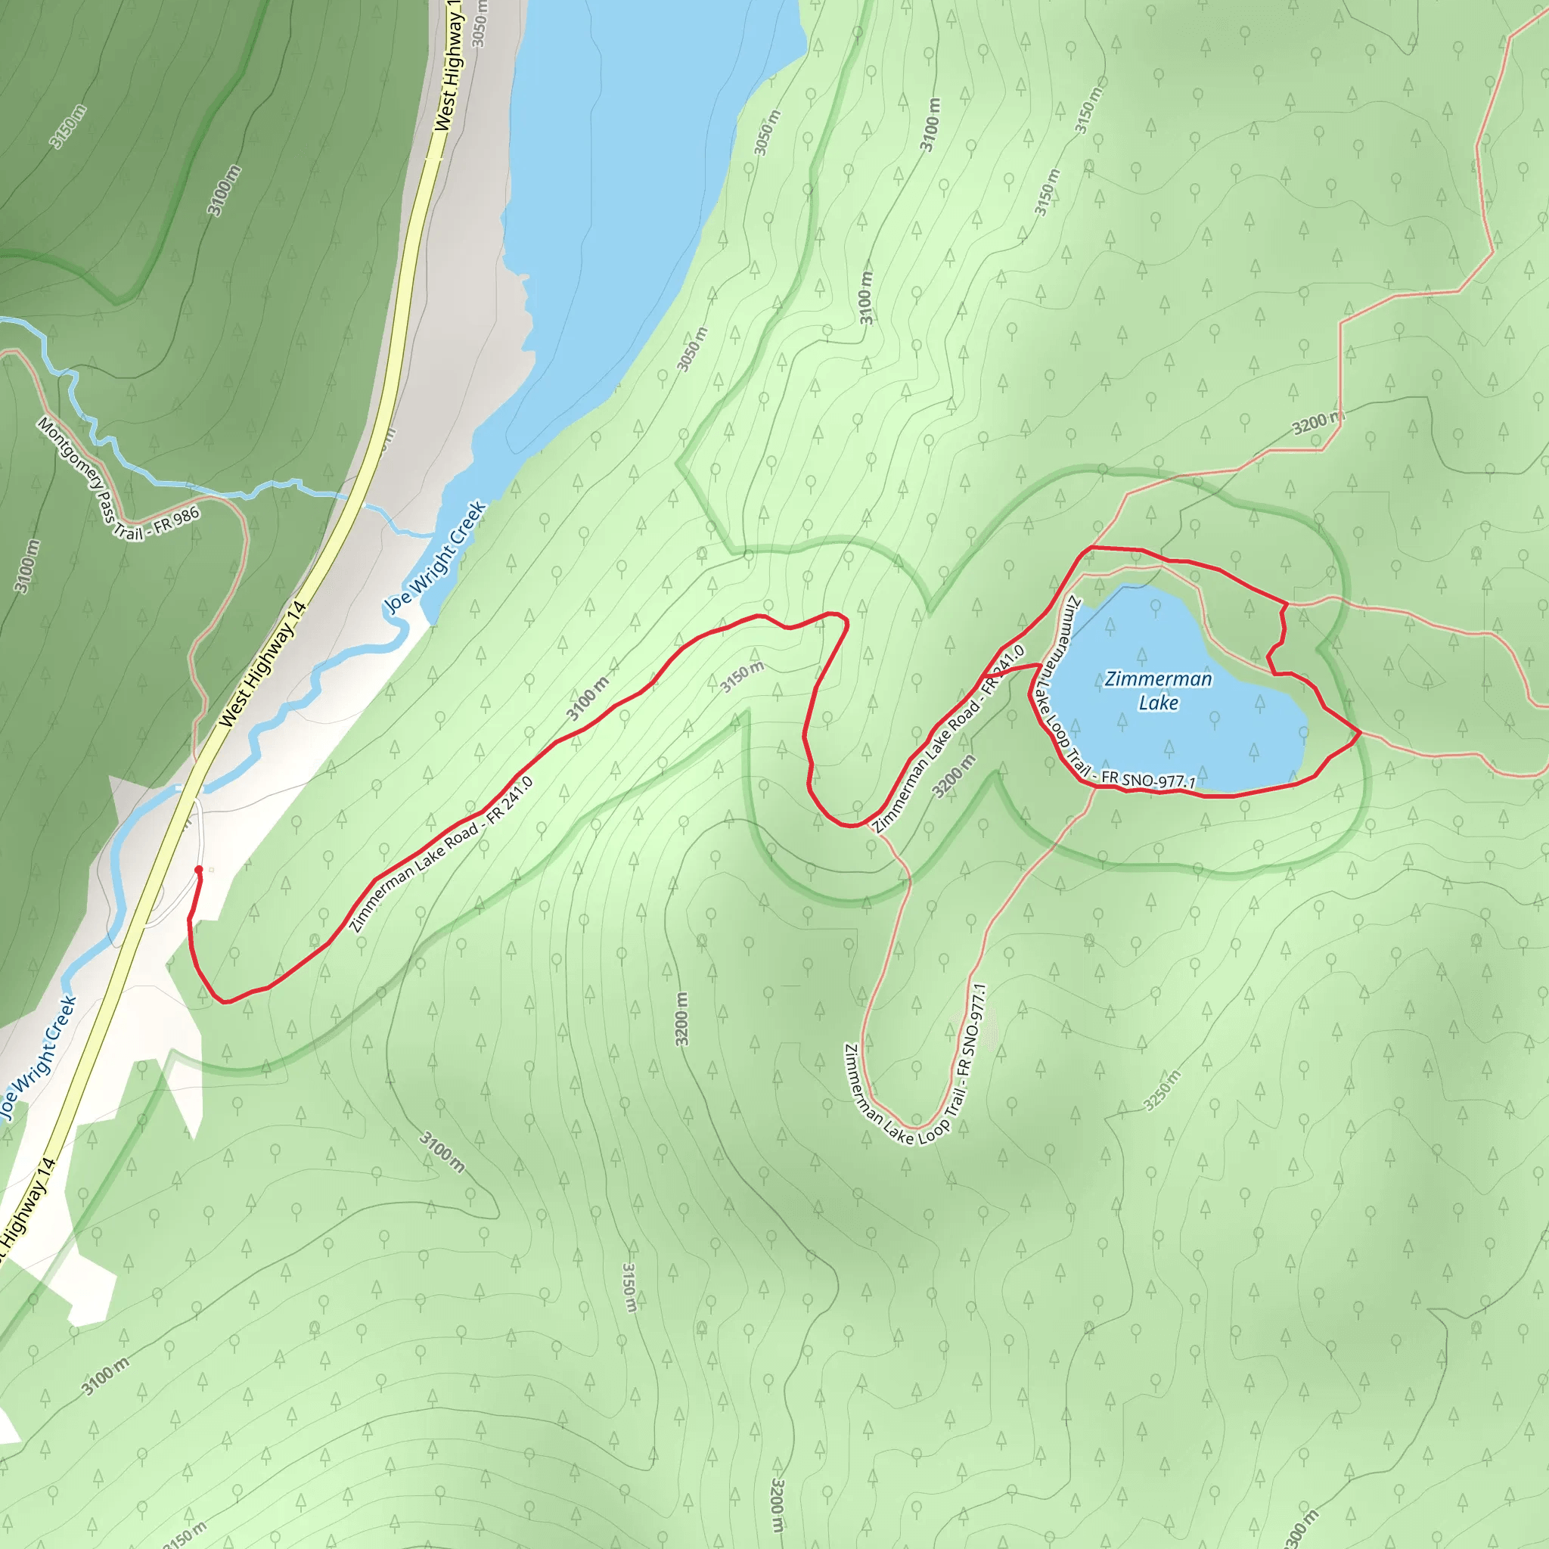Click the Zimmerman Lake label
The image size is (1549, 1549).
[1158, 691]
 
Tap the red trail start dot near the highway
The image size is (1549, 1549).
[199, 870]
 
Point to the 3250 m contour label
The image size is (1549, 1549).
[1162, 1091]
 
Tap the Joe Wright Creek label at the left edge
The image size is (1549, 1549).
[39, 1057]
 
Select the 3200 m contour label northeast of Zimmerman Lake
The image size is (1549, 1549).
[1318, 422]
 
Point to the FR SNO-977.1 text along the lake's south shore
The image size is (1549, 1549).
[1148, 779]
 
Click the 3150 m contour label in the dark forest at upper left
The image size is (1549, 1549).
[68, 126]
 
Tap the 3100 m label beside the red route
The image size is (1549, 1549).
[588, 698]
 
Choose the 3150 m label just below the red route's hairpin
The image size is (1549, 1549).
[742, 678]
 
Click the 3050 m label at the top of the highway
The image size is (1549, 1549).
[479, 24]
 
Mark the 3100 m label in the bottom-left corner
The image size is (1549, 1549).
[105, 1377]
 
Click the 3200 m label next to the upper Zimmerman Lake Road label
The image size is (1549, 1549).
[954, 775]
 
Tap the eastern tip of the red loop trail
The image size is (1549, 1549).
[1361, 732]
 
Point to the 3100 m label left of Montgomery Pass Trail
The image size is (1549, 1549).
[26, 566]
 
